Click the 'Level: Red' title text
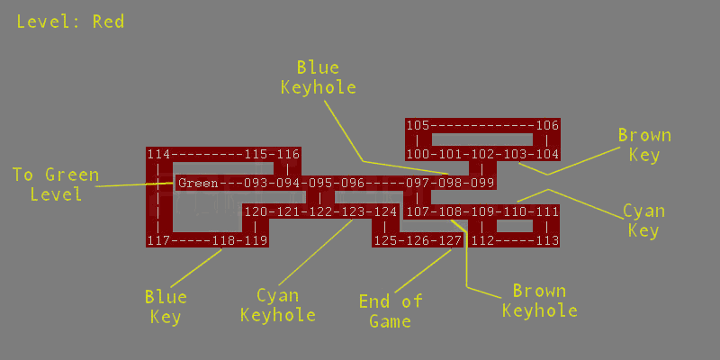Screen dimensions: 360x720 70,22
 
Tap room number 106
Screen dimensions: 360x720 547,126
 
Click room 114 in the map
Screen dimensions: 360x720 159,155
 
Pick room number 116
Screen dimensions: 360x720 288,155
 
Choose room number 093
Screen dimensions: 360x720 256,184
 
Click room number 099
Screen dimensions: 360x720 482,184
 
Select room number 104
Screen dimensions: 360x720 547,155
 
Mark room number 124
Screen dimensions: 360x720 385,212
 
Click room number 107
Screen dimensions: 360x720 418,212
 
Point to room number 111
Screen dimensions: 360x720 547,212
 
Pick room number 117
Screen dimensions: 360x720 159,241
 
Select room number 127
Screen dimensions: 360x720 450,241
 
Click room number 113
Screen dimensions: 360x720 547,241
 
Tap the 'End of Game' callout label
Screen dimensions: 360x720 391,311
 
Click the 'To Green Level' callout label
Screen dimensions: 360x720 55,184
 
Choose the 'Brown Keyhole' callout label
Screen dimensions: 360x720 540,301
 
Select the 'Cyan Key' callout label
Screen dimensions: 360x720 644,221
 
